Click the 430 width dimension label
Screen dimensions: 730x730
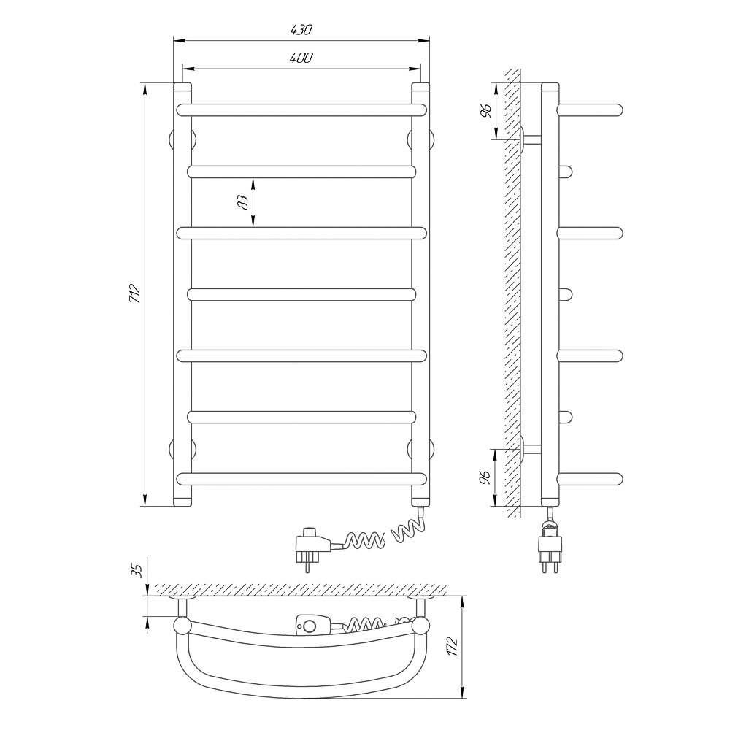(301, 30)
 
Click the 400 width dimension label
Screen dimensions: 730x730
(301, 58)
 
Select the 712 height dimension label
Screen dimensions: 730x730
(135, 293)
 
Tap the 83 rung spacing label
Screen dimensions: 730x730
(243, 202)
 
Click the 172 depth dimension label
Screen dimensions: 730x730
(452, 647)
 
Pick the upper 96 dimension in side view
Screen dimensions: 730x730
(485, 111)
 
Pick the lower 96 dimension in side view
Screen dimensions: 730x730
(485, 477)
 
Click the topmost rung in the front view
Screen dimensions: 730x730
(301, 110)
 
